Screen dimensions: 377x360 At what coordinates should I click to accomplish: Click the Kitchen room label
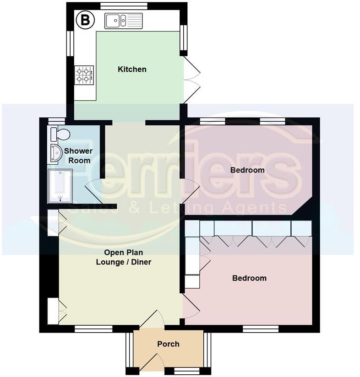[132, 70]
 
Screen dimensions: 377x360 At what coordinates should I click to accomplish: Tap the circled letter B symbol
[85, 20]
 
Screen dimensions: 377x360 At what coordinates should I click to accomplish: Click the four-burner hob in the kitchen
[84, 75]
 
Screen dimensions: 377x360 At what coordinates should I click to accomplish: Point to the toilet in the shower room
[60, 134]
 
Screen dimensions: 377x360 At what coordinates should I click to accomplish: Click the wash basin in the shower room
[55, 153]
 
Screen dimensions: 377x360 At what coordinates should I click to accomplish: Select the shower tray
[60, 185]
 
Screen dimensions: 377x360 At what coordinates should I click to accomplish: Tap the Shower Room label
[78, 156]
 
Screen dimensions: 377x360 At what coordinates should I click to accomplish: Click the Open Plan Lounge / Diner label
[123, 257]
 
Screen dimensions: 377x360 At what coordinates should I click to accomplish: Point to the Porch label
[168, 344]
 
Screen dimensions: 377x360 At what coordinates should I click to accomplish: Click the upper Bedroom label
[247, 170]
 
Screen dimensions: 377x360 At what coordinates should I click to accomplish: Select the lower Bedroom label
[249, 278]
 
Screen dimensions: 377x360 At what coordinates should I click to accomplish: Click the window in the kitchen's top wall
[124, 6]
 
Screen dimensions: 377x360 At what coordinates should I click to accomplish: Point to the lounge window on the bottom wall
[93, 329]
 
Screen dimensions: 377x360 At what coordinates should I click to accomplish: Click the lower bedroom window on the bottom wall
[261, 329]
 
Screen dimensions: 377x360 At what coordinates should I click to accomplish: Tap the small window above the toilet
[56, 121]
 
